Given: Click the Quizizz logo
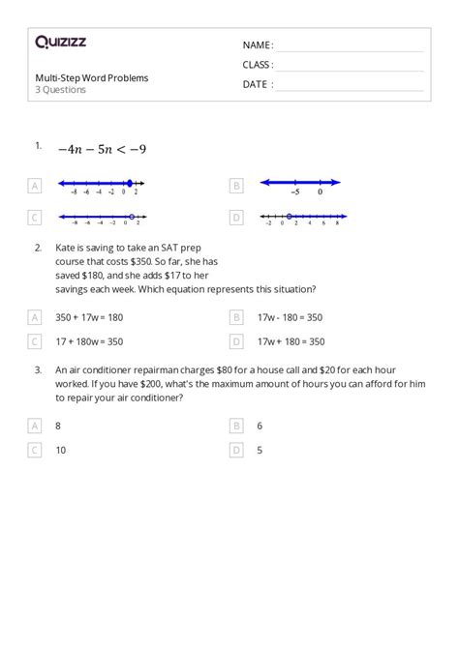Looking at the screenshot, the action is click(60, 42).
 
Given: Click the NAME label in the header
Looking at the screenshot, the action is click(258, 45).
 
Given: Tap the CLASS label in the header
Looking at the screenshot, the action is click(258, 65).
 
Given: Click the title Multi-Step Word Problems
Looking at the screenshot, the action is click(92, 77).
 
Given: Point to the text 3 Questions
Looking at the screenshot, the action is click(61, 90).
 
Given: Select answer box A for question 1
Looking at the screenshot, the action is click(36, 185).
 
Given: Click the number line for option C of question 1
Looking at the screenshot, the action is click(100, 218).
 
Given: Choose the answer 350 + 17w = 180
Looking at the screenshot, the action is click(89, 316).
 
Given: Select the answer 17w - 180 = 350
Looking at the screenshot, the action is click(291, 316).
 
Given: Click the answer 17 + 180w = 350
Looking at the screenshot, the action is click(89, 340).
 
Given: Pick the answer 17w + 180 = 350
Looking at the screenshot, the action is click(291, 340).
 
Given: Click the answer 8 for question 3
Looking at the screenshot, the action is click(58, 425).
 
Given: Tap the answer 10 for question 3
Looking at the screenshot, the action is click(61, 450).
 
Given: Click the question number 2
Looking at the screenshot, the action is click(38, 248).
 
